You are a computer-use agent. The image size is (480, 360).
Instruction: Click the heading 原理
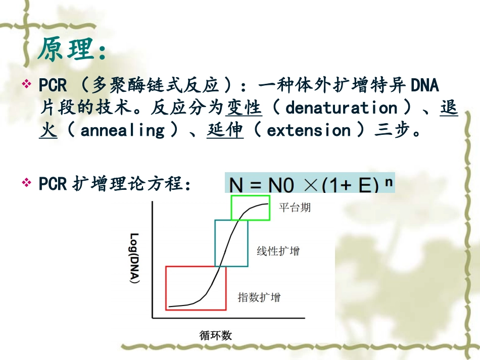pos(72,49)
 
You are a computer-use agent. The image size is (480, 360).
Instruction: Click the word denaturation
pos(342,108)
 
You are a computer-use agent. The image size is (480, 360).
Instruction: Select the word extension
pos(309,130)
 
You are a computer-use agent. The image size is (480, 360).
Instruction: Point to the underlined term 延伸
pos(225,130)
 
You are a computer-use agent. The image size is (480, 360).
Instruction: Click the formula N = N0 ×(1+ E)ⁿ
pos(310,184)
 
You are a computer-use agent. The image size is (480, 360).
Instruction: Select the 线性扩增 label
pos(278,250)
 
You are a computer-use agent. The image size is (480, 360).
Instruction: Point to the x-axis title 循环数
pos(216,335)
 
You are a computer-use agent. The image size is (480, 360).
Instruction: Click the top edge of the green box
pos(251,196)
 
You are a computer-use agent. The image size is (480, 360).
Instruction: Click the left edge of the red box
pos(166,288)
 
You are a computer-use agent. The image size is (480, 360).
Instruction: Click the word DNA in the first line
pos(424,84)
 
